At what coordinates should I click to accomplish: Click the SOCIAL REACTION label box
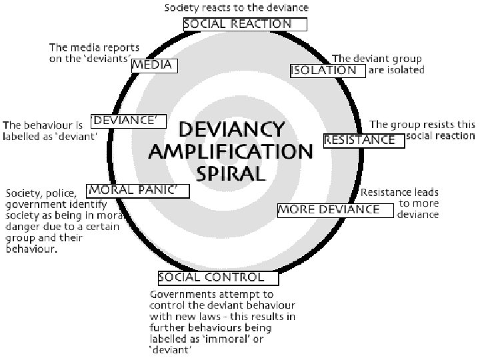coord(245,24)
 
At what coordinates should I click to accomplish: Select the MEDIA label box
coord(153,65)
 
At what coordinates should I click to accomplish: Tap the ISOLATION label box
coord(328,70)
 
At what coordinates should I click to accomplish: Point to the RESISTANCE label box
coord(363,140)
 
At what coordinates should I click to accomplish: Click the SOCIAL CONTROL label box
coord(211,277)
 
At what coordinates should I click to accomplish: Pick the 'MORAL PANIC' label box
coord(137,190)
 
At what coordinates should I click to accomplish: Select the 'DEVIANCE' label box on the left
coord(127,120)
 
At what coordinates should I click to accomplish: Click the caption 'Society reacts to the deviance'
coord(237,8)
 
